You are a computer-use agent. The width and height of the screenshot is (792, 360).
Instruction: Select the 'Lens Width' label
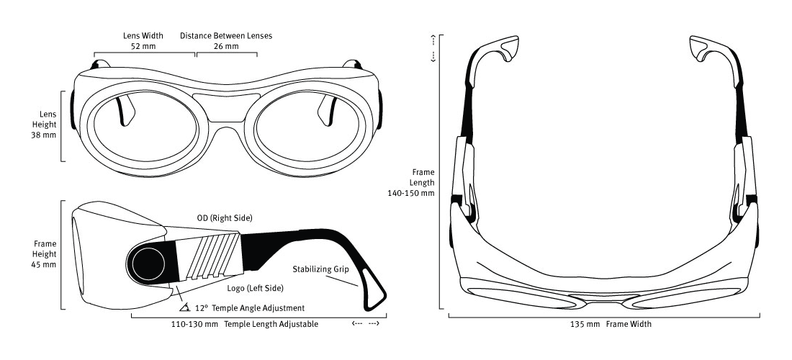[x=143, y=35]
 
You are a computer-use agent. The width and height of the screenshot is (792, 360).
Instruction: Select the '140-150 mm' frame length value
[x=411, y=193]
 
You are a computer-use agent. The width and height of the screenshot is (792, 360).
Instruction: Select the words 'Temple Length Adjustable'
[x=271, y=325]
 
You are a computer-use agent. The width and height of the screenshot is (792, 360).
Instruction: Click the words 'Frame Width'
[x=629, y=325]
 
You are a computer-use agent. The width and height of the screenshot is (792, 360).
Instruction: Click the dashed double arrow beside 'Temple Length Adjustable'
[x=366, y=325]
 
